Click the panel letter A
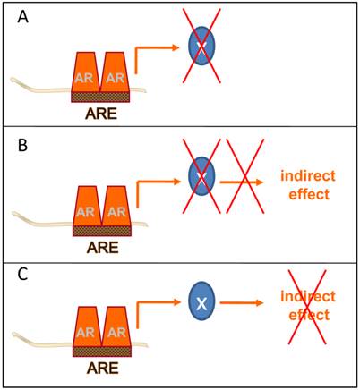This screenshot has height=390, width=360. coord(15,15)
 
